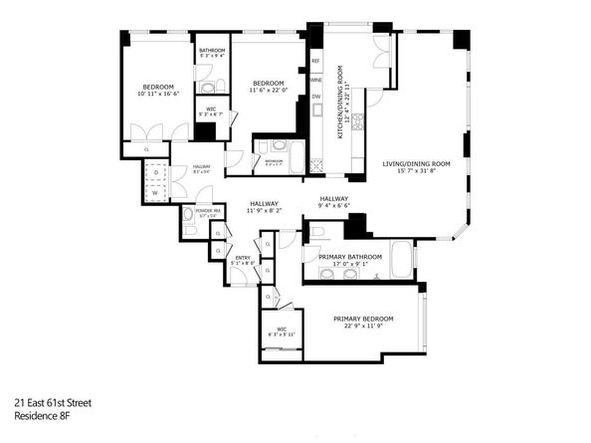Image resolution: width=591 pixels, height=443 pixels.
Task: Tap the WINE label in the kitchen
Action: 315,79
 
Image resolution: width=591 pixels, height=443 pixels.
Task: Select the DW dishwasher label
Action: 315,97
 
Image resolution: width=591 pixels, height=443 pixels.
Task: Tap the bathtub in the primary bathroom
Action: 400,261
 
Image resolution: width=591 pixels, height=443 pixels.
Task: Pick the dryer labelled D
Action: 157,172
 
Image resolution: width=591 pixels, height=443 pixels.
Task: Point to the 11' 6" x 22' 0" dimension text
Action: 270,91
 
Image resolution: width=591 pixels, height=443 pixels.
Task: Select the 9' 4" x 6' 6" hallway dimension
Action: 334,206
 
